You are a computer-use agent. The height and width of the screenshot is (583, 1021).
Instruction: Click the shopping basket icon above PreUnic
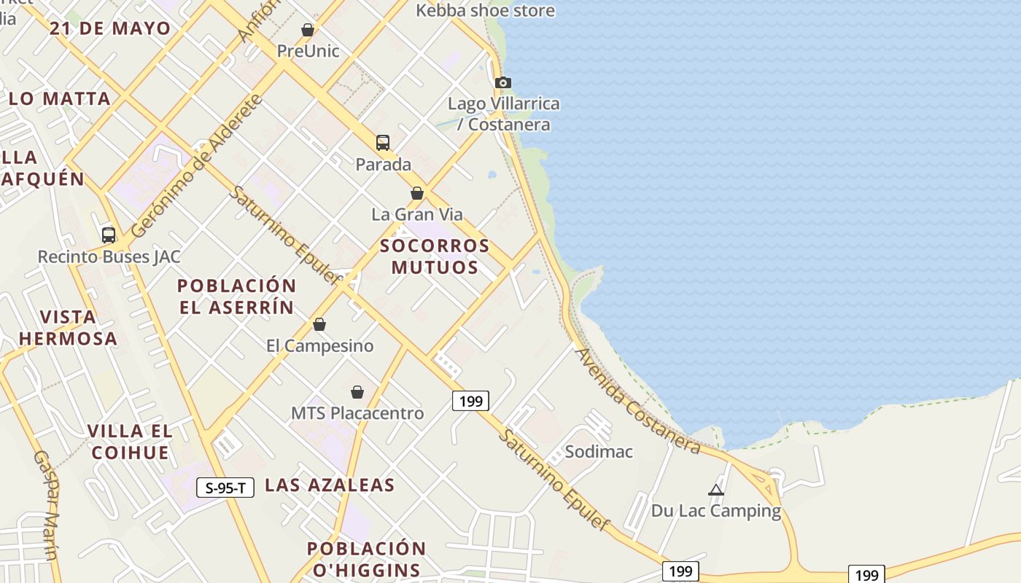click(308, 31)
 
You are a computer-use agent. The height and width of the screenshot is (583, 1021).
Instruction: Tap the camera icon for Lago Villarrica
click(503, 82)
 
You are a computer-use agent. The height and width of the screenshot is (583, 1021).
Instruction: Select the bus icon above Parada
click(383, 143)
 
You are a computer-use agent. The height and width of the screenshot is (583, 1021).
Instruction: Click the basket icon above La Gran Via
click(417, 193)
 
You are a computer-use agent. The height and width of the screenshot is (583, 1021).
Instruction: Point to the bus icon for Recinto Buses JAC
click(109, 235)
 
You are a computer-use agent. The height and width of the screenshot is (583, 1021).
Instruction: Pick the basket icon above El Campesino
click(319, 324)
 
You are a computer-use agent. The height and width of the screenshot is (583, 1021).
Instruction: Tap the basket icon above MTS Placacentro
click(357, 392)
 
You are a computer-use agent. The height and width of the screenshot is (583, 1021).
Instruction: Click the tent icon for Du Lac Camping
click(716, 490)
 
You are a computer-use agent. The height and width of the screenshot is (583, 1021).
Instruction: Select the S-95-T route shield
click(225, 488)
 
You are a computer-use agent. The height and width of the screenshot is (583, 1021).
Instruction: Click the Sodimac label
click(599, 452)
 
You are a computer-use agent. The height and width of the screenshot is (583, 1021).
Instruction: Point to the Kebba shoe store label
click(485, 11)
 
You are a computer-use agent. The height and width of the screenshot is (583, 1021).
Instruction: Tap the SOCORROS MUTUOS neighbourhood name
click(435, 257)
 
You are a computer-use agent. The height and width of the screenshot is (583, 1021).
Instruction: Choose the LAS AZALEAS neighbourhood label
click(330, 485)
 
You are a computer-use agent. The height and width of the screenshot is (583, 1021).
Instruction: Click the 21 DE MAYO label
click(110, 29)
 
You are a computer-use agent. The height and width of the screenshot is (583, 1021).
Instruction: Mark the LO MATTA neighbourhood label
click(60, 99)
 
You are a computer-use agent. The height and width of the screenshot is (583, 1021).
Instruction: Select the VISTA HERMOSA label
click(68, 328)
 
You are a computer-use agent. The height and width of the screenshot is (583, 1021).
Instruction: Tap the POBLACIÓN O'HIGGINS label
click(366, 559)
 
